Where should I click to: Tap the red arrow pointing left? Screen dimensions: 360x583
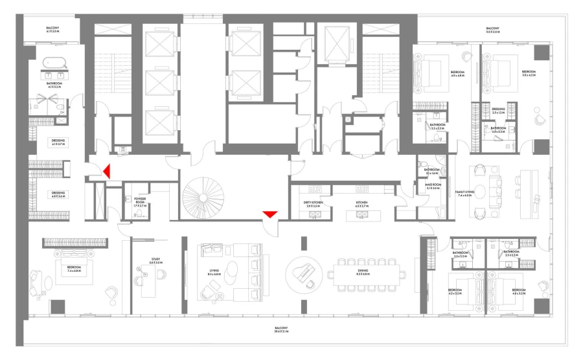pyautogui.click(x=106, y=171)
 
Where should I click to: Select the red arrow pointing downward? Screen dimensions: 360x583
pyautogui.click(x=270, y=214)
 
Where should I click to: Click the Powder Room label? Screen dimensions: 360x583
pyautogui.click(x=139, y=202)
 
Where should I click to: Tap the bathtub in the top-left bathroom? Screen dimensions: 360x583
pyautogui.click(x=54, y=65)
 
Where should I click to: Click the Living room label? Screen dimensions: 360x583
pyautogui.click(x=214, y=272)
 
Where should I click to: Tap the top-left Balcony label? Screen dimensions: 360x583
pyautogui.click(x=53, y=29)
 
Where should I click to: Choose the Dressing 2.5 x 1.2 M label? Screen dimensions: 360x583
pyautogui.click(x=498, y=111)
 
